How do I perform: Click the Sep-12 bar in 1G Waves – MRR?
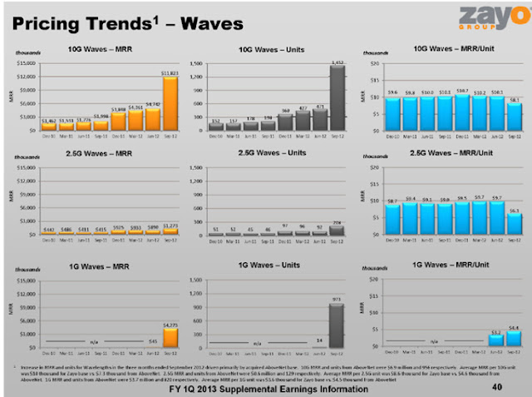point(170,337)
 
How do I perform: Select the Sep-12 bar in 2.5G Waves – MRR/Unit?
point(515,226)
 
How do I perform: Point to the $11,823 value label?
point(170,73)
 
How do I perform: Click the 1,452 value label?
point(337,62)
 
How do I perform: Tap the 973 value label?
point(337,298)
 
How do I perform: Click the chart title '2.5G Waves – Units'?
point(268,154)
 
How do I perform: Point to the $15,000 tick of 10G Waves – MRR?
point(24,63)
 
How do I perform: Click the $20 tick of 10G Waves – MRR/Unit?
point(375,63)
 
